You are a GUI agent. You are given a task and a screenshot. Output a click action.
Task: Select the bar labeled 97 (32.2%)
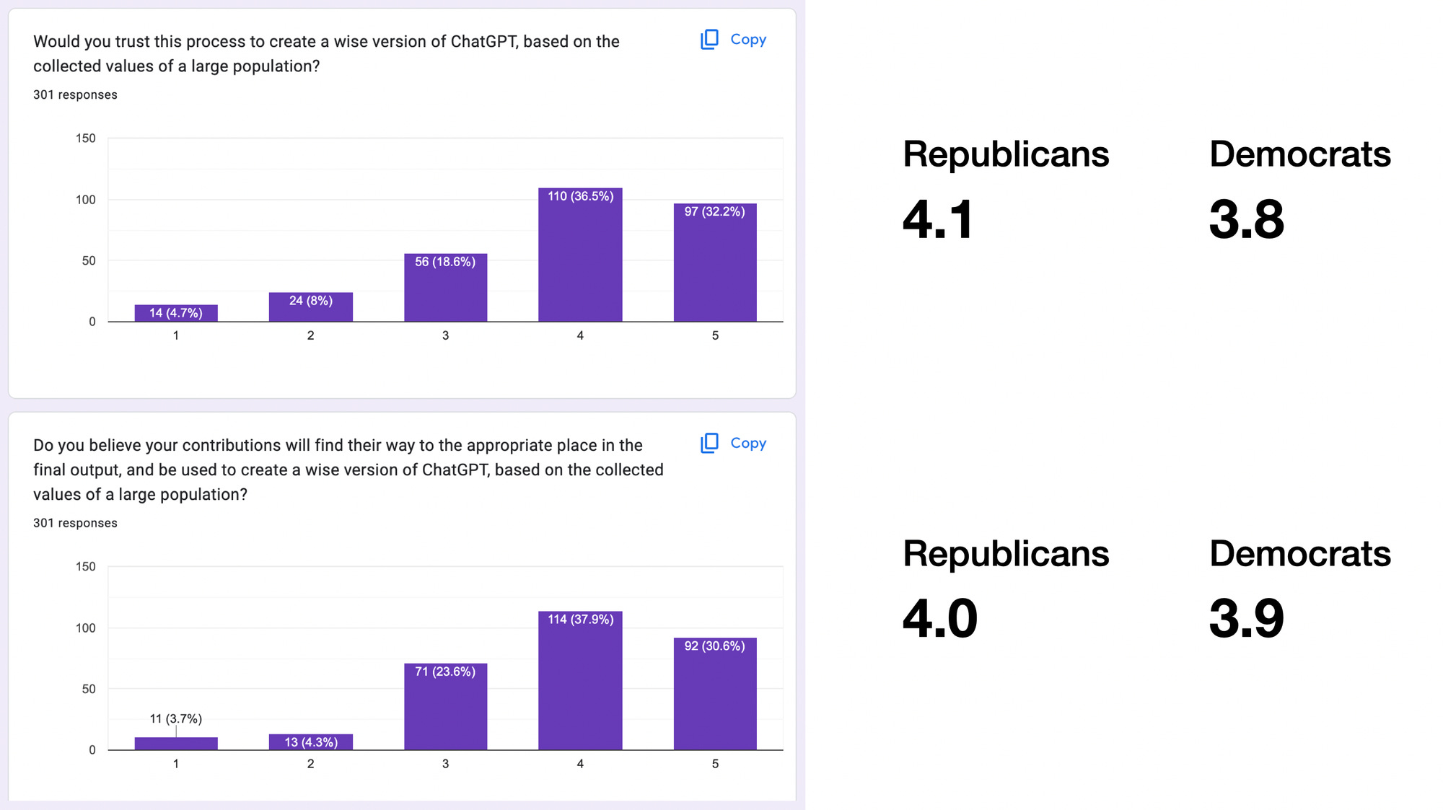(x=715, y=263)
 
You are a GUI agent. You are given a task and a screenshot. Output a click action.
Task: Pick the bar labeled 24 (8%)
(x=310, y=307)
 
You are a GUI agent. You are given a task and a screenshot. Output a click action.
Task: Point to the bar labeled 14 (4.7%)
(x=176, y=313)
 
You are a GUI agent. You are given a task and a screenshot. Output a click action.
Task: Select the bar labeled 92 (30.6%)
(x=715, y=694)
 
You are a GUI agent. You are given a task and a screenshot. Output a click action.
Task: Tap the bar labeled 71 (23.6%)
(x=445, y=707)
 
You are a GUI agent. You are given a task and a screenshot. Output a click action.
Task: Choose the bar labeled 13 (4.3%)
(x=310, y=742)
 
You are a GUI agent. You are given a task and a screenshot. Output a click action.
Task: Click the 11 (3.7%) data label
(x=175, y=718)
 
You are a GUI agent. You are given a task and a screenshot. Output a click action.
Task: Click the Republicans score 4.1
(x=938, y=219)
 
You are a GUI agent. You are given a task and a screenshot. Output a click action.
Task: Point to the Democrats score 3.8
(x=1246, y=219)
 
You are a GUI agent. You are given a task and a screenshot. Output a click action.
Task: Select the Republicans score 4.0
(x=939, y=619)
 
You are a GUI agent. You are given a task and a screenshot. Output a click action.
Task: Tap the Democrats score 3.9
(x=1246, y=619)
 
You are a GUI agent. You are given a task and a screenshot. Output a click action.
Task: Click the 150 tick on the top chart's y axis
(x=85, y=138)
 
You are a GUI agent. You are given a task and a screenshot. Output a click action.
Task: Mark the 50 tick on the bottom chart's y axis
(x=88, y=689)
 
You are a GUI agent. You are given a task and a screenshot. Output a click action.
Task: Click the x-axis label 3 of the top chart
(x=445, y=335)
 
